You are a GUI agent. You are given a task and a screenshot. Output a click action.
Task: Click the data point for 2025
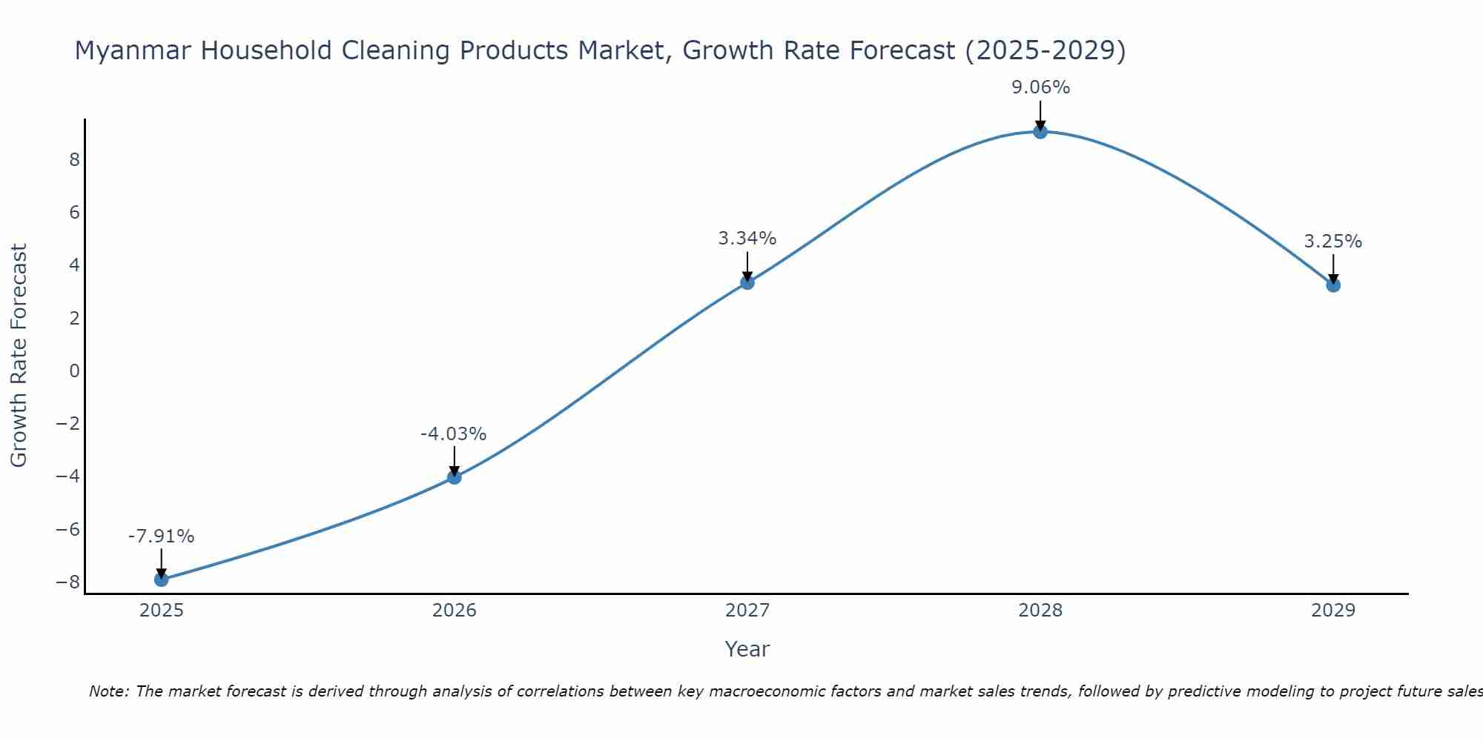tap(161, 579)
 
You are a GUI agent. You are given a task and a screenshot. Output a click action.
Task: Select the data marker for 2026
tap(455, 477)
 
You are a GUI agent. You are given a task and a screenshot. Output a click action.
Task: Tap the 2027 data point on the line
tap(747, 282)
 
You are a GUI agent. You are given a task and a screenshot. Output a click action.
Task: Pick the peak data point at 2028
tap(1040, 132)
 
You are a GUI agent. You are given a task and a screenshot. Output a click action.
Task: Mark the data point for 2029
tap(1333, 285)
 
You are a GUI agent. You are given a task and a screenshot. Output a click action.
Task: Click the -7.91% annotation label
tap(161, 536)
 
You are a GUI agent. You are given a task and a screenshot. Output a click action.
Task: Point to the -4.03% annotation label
tap(453, 434)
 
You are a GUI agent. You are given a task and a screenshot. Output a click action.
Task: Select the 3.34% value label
tap(747, 239)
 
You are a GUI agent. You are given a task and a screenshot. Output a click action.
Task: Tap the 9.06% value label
tap(1040, 87)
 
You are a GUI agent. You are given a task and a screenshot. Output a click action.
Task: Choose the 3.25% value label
tap(1332, 242)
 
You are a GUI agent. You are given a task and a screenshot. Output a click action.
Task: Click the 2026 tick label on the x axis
tap(455, 611)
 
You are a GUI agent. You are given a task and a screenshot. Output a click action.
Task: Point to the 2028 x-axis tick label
tap(1040, 611)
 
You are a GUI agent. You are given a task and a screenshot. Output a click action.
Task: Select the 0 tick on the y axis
tap(74, 370)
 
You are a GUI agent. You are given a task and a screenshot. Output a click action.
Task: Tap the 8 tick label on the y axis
tap(74, 160)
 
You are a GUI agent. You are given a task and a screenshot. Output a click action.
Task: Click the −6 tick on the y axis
tap(68, 529)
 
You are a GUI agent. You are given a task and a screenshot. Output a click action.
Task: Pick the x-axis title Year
tap(747, 649)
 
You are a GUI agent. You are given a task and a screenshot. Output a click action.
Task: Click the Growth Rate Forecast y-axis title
tap(19, 356)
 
